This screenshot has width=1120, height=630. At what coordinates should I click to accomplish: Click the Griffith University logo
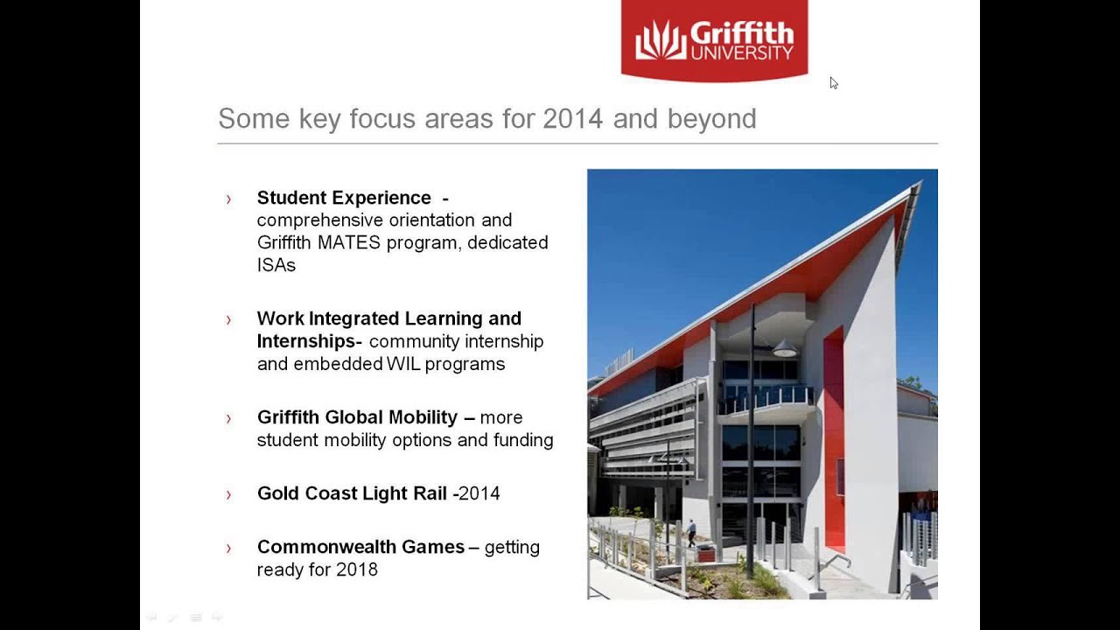[714, 40]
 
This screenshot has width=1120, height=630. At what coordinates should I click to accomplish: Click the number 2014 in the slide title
[573, 119]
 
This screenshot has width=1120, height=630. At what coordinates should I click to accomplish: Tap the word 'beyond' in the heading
[711, 119]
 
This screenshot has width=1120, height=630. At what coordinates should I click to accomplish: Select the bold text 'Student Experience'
[344, 198]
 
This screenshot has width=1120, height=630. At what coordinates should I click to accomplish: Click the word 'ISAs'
[276, 264]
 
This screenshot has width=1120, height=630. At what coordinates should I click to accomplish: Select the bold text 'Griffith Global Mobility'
[357, 417]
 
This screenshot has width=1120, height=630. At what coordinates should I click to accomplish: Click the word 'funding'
[523, 440]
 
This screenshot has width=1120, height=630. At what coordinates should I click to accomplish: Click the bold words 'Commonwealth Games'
[360, 547]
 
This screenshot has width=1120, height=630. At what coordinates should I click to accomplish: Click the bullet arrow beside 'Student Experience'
[229, 199]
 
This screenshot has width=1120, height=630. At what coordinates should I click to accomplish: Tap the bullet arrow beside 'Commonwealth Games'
[229, 548]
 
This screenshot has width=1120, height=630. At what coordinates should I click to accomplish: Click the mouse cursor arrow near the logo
[833, 82]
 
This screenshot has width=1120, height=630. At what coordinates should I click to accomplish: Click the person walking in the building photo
[691, 531]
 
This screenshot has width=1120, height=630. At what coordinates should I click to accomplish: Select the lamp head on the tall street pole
[784, 349]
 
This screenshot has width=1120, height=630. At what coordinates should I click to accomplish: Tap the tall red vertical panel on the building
[834, 437]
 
